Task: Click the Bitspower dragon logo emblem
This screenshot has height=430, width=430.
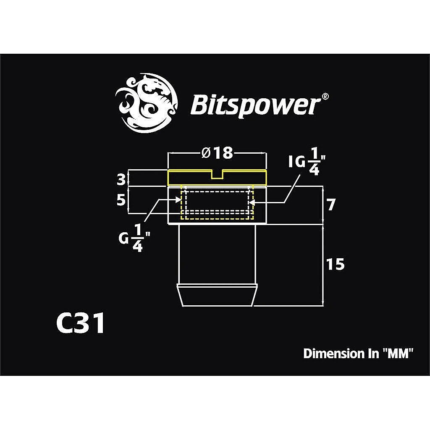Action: tap(146, 103)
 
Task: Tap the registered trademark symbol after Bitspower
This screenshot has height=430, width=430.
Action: tap(325, 96)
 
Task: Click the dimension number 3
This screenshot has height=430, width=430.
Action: tap(121, 180)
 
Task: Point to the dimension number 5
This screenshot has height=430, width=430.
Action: tap(121, 200)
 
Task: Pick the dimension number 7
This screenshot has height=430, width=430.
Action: tap(331, 205)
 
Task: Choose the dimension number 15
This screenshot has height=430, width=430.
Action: tap(335, 265)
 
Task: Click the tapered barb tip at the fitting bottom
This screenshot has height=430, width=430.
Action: tap(217, 295)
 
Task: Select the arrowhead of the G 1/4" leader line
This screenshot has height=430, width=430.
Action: tap(178, 200)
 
